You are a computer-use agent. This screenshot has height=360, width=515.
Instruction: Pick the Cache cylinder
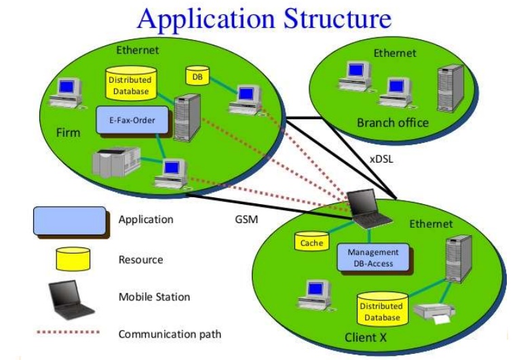point(311,241)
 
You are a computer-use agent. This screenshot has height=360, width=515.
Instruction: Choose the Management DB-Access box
point(373,256)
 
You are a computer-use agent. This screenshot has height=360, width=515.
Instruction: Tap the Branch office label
point(392,123)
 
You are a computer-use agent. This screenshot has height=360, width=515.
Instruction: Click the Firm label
point(68,132)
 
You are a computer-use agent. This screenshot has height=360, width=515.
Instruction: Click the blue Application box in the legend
point(70,221)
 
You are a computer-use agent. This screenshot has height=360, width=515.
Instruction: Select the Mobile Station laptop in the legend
point(69,296)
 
